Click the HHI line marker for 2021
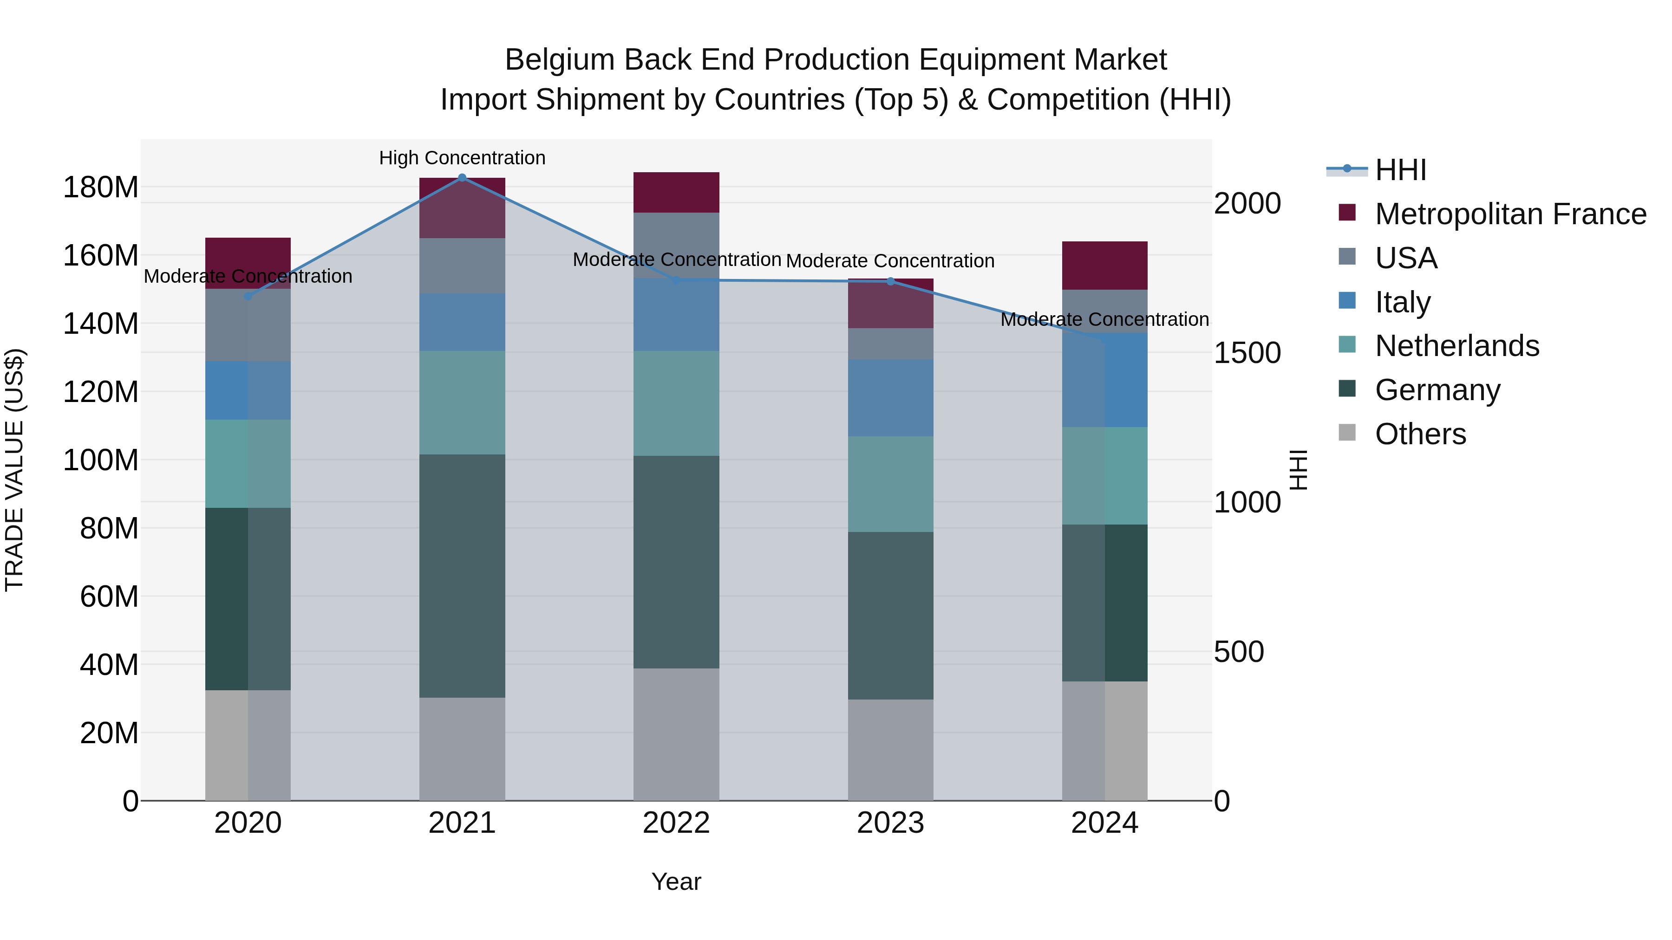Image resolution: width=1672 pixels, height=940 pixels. coord(462,177)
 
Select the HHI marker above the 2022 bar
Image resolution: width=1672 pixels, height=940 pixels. coord(676,280)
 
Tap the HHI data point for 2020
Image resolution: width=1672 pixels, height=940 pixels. coord(248,297)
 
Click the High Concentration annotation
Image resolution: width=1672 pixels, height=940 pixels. coord(462,158)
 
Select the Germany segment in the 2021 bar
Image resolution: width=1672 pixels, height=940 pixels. coord(462,576)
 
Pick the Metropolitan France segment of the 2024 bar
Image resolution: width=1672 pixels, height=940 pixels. coord(1105,266)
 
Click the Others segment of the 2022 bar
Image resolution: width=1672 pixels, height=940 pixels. coord(676,734)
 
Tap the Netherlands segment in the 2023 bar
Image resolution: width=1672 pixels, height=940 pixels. coord(890,484)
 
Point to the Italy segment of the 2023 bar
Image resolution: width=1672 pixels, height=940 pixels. coord(890,398)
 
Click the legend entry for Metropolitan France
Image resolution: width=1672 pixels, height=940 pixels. coord(1510,214)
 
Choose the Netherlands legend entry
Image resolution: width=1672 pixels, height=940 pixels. coord(1456,346)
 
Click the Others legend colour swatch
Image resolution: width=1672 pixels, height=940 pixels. coord(1347,433)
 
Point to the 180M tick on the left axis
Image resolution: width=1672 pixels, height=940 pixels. coord(101,188)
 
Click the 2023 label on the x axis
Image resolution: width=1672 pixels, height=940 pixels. coord(890,823)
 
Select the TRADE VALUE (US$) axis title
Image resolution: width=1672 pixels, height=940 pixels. coord(14,470)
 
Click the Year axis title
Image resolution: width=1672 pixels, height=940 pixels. coord(676,882)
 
